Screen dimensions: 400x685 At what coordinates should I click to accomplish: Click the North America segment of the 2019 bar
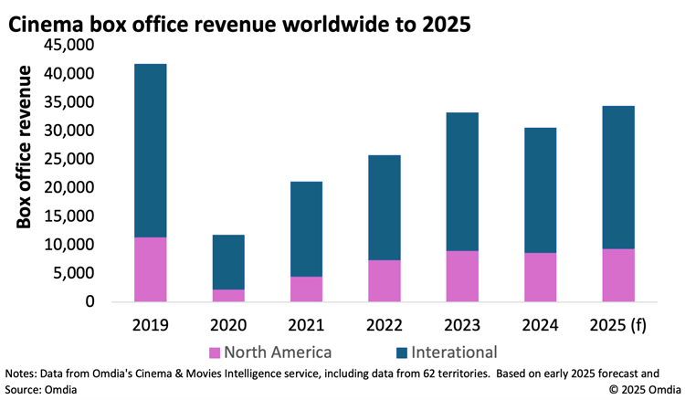click(150, 269)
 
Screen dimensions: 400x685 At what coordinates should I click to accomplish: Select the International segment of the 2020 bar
click(228, 262)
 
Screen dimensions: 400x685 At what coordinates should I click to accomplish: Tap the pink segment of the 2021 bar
click(306, 289)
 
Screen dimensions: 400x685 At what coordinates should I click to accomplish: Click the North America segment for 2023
click(462, 276)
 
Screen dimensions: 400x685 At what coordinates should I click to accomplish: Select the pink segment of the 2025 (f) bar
click(618, 275)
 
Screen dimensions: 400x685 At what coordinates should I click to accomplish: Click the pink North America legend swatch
click(216, 353)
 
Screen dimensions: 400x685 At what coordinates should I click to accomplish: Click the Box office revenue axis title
click(25, 146)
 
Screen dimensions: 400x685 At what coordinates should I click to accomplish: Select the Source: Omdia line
click(38, 389)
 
